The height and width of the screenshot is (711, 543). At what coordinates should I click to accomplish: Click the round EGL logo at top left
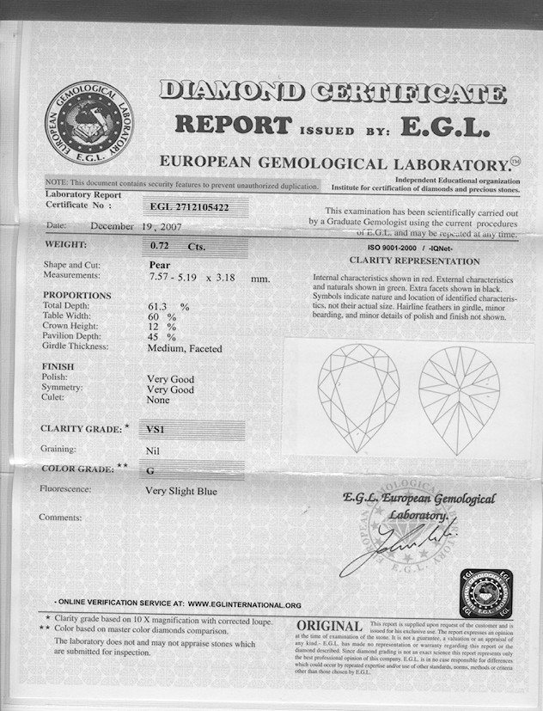coord(89,122)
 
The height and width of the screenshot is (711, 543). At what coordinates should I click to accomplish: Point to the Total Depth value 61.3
coord(161,306)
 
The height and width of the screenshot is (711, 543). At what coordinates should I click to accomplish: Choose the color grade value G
coord(151,469)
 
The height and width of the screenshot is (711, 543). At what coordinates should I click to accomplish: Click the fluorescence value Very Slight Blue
coord(181,492)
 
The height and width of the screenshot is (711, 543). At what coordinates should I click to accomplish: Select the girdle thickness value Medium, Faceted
coord(185,348)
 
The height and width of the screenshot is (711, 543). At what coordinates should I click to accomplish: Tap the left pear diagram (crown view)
coord(358,397)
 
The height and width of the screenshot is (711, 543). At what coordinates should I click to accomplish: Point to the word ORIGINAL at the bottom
coord(329,626)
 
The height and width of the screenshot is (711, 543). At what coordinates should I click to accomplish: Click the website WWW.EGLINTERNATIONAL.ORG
coord(244,605)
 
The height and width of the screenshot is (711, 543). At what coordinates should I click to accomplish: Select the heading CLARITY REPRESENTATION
coord(414,260)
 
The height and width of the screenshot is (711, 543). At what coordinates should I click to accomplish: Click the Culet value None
coord(158,400)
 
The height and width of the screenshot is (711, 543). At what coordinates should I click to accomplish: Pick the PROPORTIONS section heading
coord(76,295)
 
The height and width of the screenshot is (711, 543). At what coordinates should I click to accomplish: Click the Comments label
coord(60,518)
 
